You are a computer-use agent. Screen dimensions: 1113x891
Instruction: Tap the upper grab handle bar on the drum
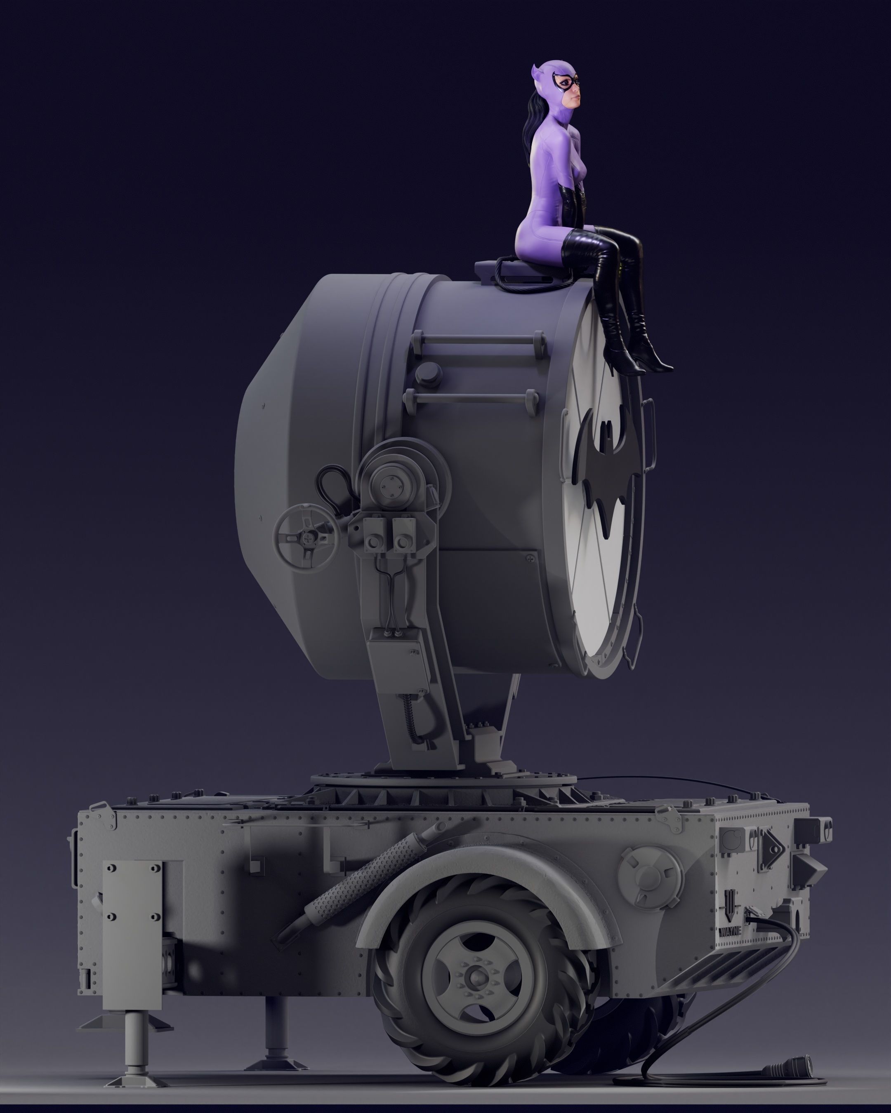pyautogui.click(x=477, y=341)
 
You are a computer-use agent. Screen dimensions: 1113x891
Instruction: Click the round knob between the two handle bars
pyautogui.click(x=429, y=371)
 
